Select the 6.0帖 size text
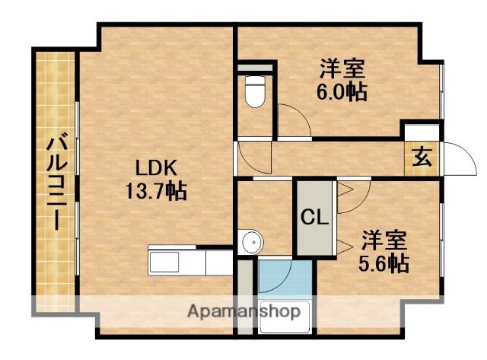pyautogui.click(x=342, y=92)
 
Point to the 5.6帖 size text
pyautogui.click(x=384, y=263)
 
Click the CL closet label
pyautogui.click(x=314, y=218)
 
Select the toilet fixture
pyautogui.click(x=254, y=93)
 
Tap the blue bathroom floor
pyautogui.click(x=283, y=279)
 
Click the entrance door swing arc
pyautogui.click(x=454, y=158)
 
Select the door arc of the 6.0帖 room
pyautogui.click(x=294, y=122)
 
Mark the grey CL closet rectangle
pyautogui.click(x=314, y=218)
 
